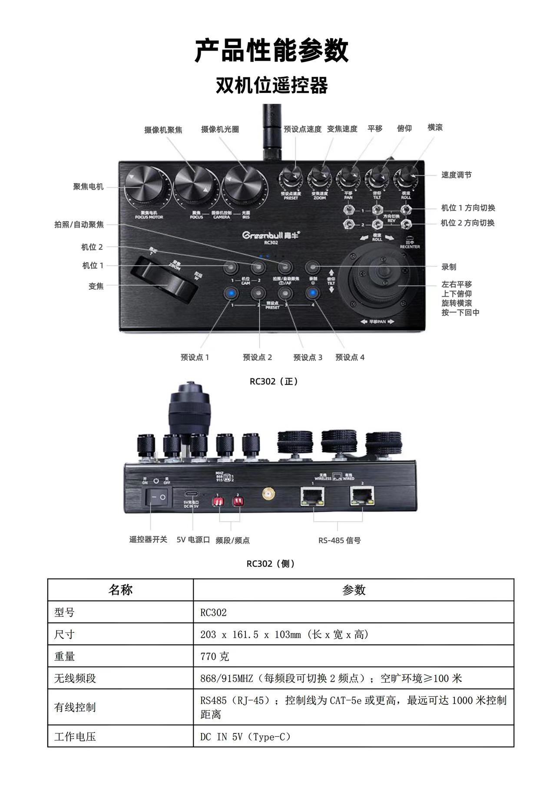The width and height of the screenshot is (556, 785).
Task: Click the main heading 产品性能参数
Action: coord(271,50)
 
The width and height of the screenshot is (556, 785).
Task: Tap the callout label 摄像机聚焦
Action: coord(163,130)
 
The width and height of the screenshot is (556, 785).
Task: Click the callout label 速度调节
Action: coord(456,175)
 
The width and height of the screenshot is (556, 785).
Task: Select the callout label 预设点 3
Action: coord(308,358)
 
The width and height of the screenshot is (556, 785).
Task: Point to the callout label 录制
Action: coord(449,267)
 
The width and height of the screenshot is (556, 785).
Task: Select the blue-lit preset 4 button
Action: coord(312,293)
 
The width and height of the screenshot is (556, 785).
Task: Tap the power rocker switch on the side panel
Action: coord(156,497)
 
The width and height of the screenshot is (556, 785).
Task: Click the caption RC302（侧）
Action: coord(271,564)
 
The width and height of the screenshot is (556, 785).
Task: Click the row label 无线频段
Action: coord(75,678)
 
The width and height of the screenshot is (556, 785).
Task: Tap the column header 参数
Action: coord(354,590)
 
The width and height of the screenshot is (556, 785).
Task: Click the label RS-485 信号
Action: coord(339,540)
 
